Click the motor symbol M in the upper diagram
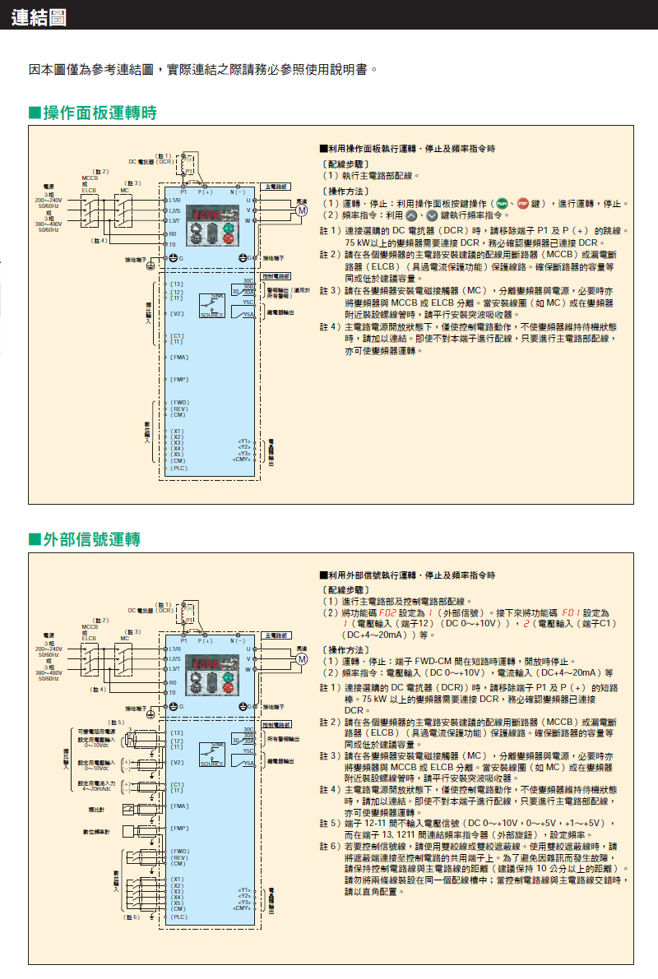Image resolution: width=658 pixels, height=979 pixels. [302, 210]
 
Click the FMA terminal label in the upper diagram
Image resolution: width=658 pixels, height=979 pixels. [179, 357]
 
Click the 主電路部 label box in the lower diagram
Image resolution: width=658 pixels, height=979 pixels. [276, 636]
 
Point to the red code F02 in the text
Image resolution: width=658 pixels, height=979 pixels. [385, 613]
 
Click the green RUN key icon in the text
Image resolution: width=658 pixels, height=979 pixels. [500, 203]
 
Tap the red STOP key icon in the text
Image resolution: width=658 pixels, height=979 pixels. [522, 203]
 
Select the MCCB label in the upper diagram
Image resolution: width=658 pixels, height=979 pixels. [90, 177]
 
